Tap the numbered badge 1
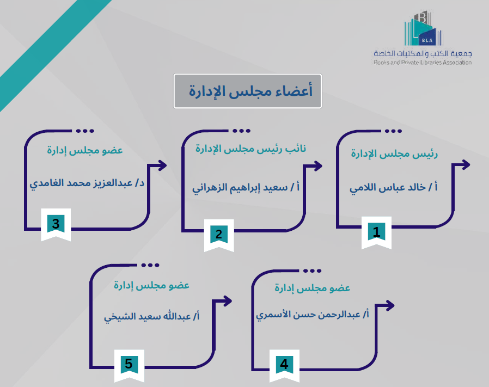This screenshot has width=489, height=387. coord(376,231)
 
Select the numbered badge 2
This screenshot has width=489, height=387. coord(219,235)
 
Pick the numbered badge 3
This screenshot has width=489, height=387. coord(56,224)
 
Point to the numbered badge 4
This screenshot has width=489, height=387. coord(284,364)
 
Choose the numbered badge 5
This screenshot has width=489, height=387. coord(129,363)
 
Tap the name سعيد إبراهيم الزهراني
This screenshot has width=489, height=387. coord(246,189)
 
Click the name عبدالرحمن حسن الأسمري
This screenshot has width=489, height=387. coord(313,314)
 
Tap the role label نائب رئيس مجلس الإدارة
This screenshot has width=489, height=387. coord(251,149)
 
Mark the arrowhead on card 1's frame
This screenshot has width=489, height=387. coord(464,164)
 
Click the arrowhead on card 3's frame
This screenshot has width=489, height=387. coord(162,165)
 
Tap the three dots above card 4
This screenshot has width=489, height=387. coord(312,271)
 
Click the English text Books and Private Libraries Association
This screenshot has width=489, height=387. coord(423,63)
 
